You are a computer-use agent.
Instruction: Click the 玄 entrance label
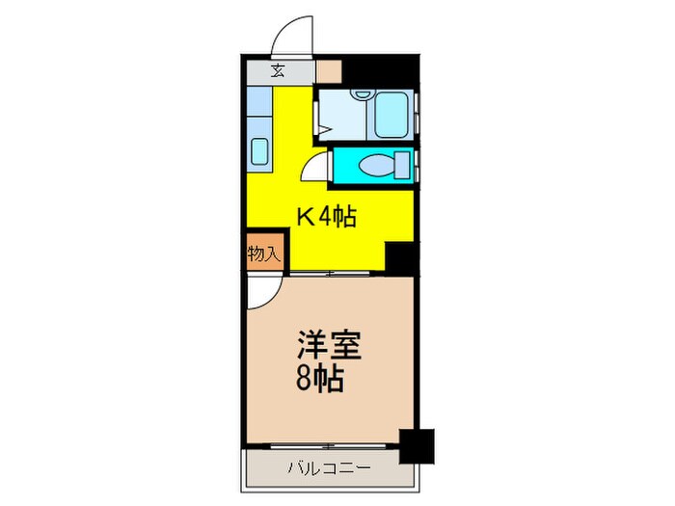(x=278, y=70)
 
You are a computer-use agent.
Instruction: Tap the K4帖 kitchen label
(x=326, y=218)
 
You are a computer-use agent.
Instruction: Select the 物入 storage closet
(x=263, y=254)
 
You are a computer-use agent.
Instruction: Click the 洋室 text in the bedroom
(x=321, y=344)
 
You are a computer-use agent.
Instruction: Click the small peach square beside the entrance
(x=329, y=70)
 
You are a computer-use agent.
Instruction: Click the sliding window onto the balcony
(x=328, y=446)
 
